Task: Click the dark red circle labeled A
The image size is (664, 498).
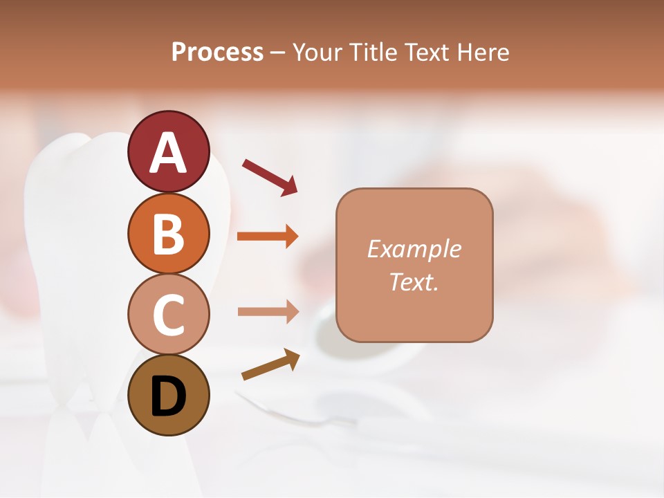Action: click(168, 151)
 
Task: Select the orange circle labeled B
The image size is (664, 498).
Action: click(168, 233)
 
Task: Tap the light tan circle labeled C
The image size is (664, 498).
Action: click(168, 314)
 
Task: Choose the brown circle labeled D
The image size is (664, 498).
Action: click(168, 396)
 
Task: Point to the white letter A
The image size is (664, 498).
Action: click(168, 153)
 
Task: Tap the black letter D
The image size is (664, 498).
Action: click(168, 397)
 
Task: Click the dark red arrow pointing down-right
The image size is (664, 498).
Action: click(270, 177)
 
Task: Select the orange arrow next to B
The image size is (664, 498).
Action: click(268, 237)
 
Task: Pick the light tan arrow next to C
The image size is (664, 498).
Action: click(268, 311)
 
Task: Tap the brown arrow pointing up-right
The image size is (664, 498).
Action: click(270, 365)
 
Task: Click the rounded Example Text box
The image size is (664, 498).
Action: click(414, 265)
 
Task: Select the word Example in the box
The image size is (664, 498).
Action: click(414, 249)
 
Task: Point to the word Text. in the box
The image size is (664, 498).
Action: click(414, 282)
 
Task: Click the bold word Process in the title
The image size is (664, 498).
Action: click(217, 53)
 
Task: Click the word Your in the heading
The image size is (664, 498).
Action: click(318, 53)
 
